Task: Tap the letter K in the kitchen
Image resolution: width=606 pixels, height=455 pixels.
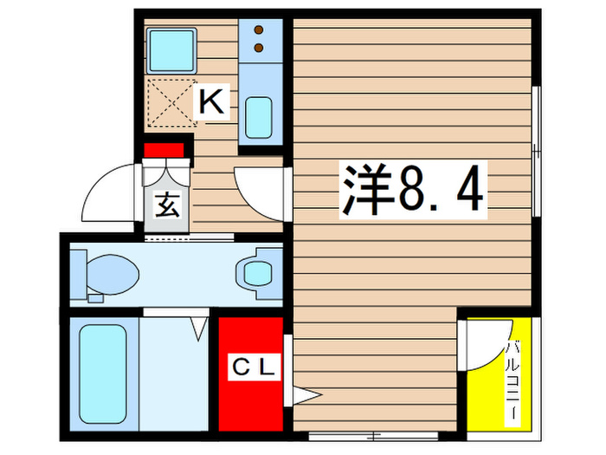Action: click(212, 102)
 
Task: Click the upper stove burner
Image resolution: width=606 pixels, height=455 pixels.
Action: click(258, 31)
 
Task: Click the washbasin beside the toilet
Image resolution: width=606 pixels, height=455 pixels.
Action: click(257, 272)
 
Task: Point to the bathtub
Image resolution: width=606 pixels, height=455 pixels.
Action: click(102, 374)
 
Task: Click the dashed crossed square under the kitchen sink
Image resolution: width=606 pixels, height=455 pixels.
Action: click(171, 103)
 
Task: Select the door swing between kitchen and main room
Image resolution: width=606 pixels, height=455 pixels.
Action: click(260, 188)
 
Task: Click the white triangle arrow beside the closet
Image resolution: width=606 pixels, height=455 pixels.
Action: click(307, 396)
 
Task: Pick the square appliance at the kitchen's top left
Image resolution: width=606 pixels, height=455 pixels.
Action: click(171, 50)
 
